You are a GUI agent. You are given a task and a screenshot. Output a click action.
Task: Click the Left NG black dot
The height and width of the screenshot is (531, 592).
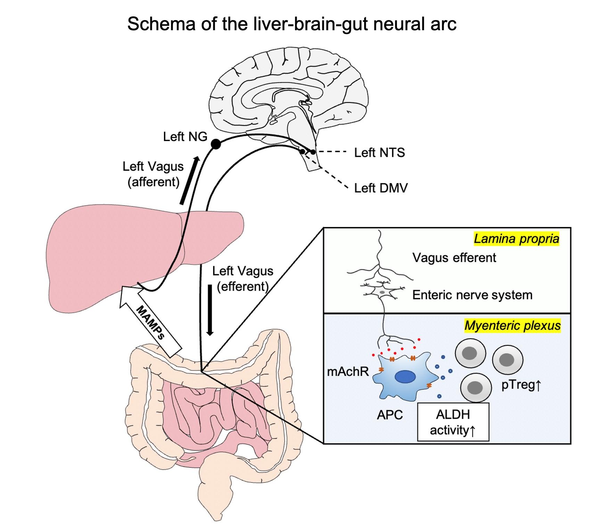216,144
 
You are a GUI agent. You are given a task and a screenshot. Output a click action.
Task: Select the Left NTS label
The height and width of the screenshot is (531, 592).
379,153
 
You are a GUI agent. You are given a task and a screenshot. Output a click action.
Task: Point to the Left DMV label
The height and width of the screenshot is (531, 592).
380,188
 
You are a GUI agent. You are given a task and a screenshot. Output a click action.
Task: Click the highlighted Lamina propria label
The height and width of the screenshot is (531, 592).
516,239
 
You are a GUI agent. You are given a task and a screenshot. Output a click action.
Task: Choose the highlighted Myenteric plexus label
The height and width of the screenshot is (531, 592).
512,326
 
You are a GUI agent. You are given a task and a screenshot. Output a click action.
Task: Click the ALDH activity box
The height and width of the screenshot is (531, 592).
453,422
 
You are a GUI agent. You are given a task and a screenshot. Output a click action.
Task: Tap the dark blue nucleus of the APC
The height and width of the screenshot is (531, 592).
405,377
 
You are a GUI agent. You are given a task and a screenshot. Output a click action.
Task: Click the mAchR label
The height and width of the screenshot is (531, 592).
348,372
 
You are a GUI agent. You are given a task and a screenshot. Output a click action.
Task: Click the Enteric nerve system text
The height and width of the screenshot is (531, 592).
472,295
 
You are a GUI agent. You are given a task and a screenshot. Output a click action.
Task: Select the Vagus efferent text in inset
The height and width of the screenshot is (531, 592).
454,258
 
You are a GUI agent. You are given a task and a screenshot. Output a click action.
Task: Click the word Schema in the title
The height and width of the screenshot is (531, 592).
161,24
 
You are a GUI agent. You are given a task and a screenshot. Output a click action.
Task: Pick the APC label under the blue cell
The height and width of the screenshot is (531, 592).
390,415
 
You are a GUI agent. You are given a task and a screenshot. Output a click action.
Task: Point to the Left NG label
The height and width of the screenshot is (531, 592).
185,137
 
